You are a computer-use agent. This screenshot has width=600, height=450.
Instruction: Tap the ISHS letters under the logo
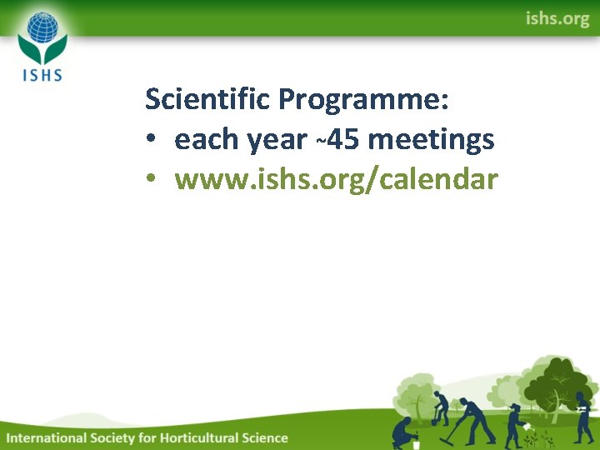coord(41,73)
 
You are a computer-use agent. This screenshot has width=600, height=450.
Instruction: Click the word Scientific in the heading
coord(208,100)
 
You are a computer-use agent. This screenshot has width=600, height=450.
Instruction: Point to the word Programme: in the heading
coord(364,100)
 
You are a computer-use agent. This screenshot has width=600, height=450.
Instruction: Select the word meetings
coord(431,140)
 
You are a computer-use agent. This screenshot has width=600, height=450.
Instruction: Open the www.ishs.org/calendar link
coord(336,179)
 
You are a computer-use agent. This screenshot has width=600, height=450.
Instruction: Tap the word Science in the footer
coord(262,437)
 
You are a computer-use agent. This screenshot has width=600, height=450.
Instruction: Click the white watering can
coord(527,426)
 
